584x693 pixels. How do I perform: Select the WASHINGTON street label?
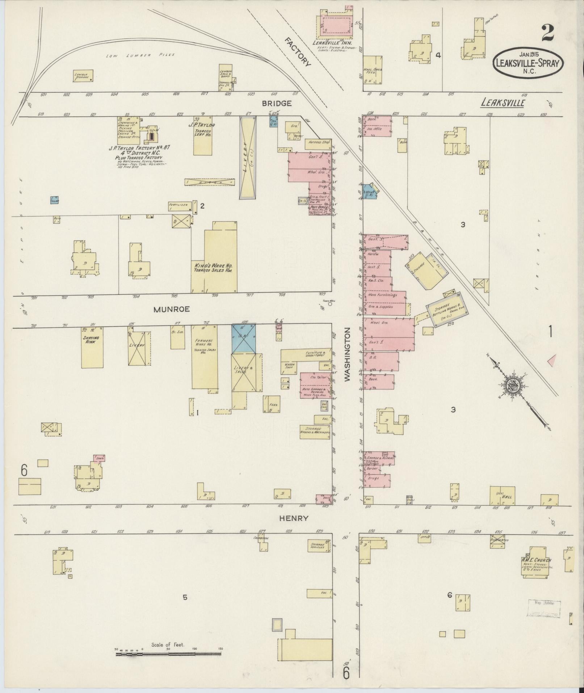348,354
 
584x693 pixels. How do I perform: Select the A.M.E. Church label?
537,560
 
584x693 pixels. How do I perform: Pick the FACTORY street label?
297,52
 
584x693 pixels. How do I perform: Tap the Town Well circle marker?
330,304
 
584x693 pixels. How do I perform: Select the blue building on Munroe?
243,339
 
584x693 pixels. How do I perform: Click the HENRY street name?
293,518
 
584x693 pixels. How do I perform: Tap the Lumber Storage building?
83,75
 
